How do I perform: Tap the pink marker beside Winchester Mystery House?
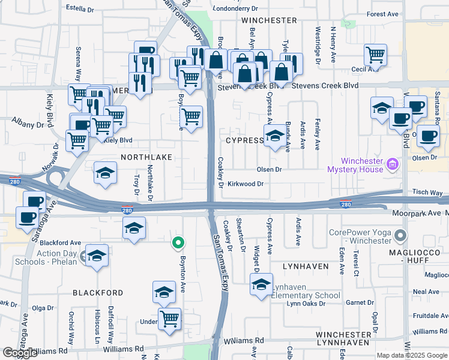point(393,163)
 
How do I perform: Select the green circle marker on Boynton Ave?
point(178,244)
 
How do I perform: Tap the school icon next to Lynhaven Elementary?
point(261,286)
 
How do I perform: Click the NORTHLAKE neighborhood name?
point(146,157)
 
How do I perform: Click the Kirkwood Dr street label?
point(246,184)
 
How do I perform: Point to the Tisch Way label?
point(427,193)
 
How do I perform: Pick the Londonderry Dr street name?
point(236,9)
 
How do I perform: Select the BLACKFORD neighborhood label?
point(98,293)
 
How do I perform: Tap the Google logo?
point(19,353)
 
